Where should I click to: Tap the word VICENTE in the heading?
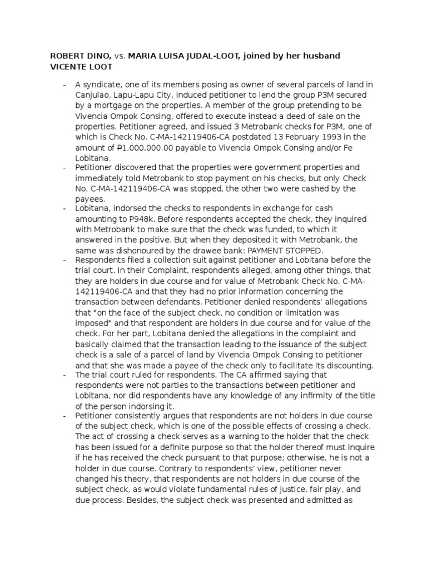(69, 67)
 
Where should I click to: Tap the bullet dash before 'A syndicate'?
(65, 84)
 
